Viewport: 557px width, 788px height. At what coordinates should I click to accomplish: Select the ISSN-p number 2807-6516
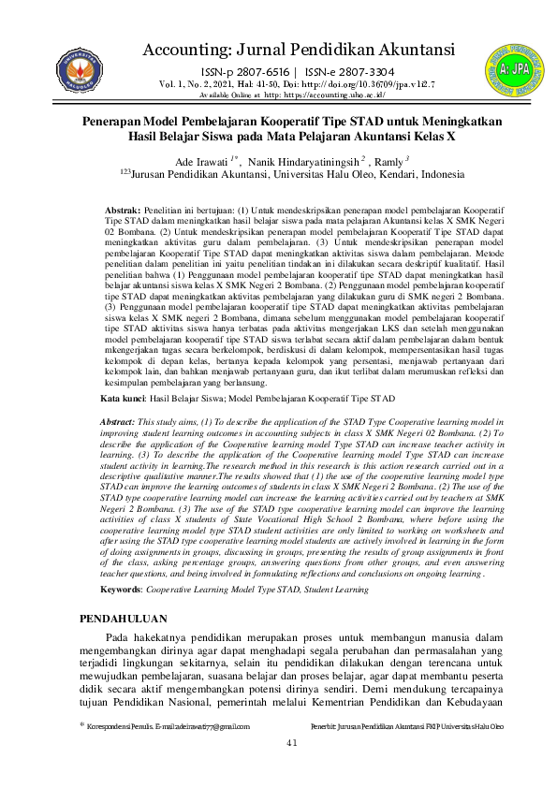(x=261, y=72)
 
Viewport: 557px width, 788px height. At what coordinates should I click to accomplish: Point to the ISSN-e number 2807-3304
(x=365, y=72)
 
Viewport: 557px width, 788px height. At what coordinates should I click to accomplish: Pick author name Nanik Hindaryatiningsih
(x=298, y=163)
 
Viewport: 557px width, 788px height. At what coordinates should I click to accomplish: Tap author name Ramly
(x=386, y=163)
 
